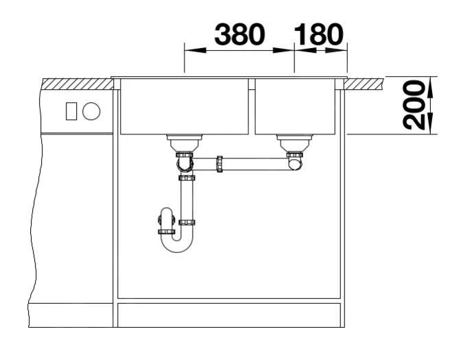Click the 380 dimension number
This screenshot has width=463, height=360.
click(239, 34)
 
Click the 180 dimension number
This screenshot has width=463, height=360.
click(319, 34)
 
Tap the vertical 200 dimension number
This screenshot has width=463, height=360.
click(414, 105)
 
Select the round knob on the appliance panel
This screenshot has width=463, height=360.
click(91, 111)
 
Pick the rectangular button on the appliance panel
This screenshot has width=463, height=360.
click(71, 111)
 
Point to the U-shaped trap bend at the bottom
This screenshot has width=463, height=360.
click(177, 245)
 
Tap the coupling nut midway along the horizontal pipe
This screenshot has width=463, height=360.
click(219, 164)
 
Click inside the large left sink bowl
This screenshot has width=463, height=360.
click(185, 106)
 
